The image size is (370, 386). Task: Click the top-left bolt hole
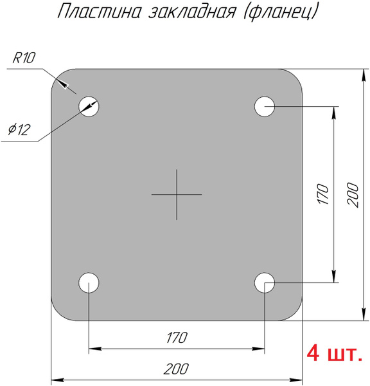(x=89, y=106)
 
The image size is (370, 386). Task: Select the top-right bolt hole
(x=265, y=106)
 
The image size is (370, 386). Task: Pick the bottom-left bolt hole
(x=89, y=282)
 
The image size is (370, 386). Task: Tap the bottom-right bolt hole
(x=265, y=282)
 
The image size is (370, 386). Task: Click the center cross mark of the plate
(x=177, y=194)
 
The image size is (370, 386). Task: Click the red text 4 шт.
(x=335, y=353)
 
